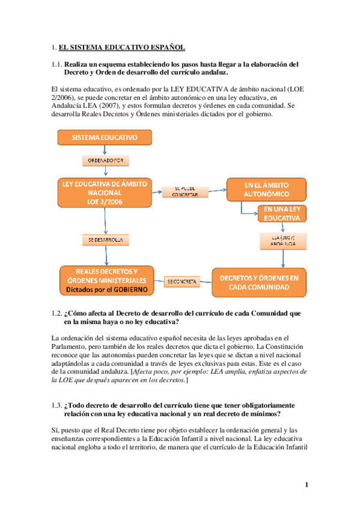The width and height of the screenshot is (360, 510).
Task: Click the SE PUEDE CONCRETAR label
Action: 185,191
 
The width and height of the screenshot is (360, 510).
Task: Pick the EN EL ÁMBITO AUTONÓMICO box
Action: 266,189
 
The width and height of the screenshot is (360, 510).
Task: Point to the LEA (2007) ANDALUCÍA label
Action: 282,240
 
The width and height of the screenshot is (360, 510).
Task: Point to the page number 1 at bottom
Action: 307,485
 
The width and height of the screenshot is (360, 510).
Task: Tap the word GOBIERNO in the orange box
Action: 127,289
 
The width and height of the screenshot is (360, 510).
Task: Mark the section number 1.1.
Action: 56,64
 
